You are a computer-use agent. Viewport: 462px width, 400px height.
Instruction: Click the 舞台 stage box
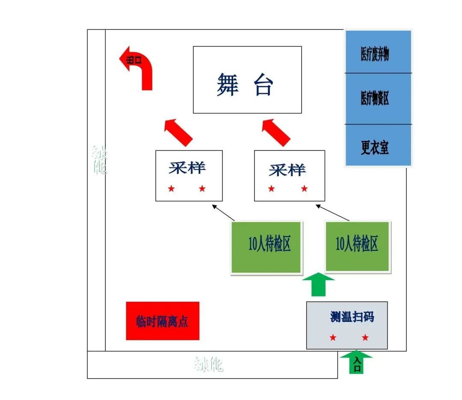tap(247, 80)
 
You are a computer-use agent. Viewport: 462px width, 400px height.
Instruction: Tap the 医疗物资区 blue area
tap(378, 99)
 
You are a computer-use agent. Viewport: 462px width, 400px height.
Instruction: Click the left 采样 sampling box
tap(189, 176)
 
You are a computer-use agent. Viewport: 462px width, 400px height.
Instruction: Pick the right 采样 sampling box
tap(289, 176)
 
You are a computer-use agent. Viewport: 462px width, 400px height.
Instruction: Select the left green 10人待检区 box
tap(267, 247)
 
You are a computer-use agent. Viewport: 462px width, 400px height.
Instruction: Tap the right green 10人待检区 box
tap(358, 247)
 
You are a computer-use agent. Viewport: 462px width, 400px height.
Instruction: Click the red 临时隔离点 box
tap(163, 321)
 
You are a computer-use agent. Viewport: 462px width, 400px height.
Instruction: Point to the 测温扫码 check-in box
tap(347, 325)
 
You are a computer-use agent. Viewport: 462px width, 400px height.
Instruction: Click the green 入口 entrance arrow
tap(356, 362)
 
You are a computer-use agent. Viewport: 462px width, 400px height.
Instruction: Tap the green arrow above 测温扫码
tap(318, 285)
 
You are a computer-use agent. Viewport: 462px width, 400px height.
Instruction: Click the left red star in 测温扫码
tap(333, 338)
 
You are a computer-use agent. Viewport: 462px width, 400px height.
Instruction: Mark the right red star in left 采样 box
tap(202, 188)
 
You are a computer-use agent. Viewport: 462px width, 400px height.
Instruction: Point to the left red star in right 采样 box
tap(272, 188)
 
